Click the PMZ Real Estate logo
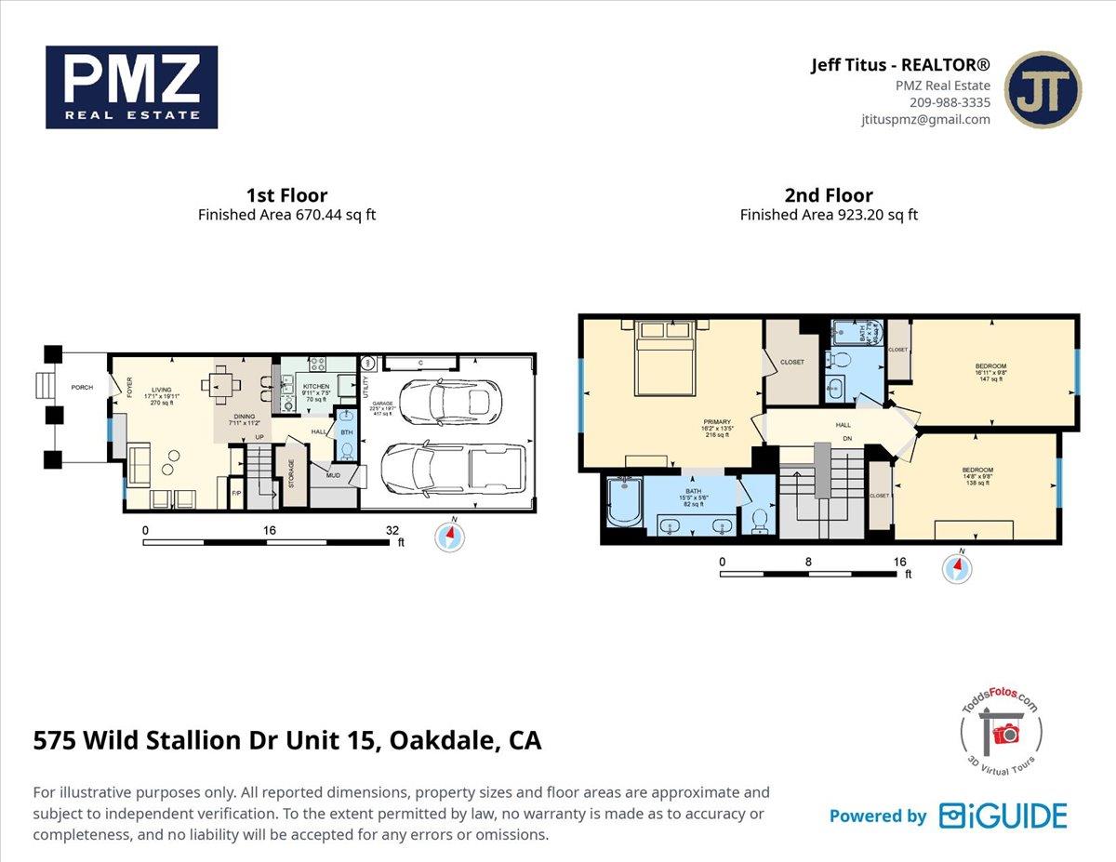131,87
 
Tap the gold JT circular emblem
1043,89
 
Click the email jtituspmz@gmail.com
925,119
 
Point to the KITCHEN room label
316,387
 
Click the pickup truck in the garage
454,468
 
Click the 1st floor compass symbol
451,537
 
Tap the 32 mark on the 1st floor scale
394,530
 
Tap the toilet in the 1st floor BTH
346,450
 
